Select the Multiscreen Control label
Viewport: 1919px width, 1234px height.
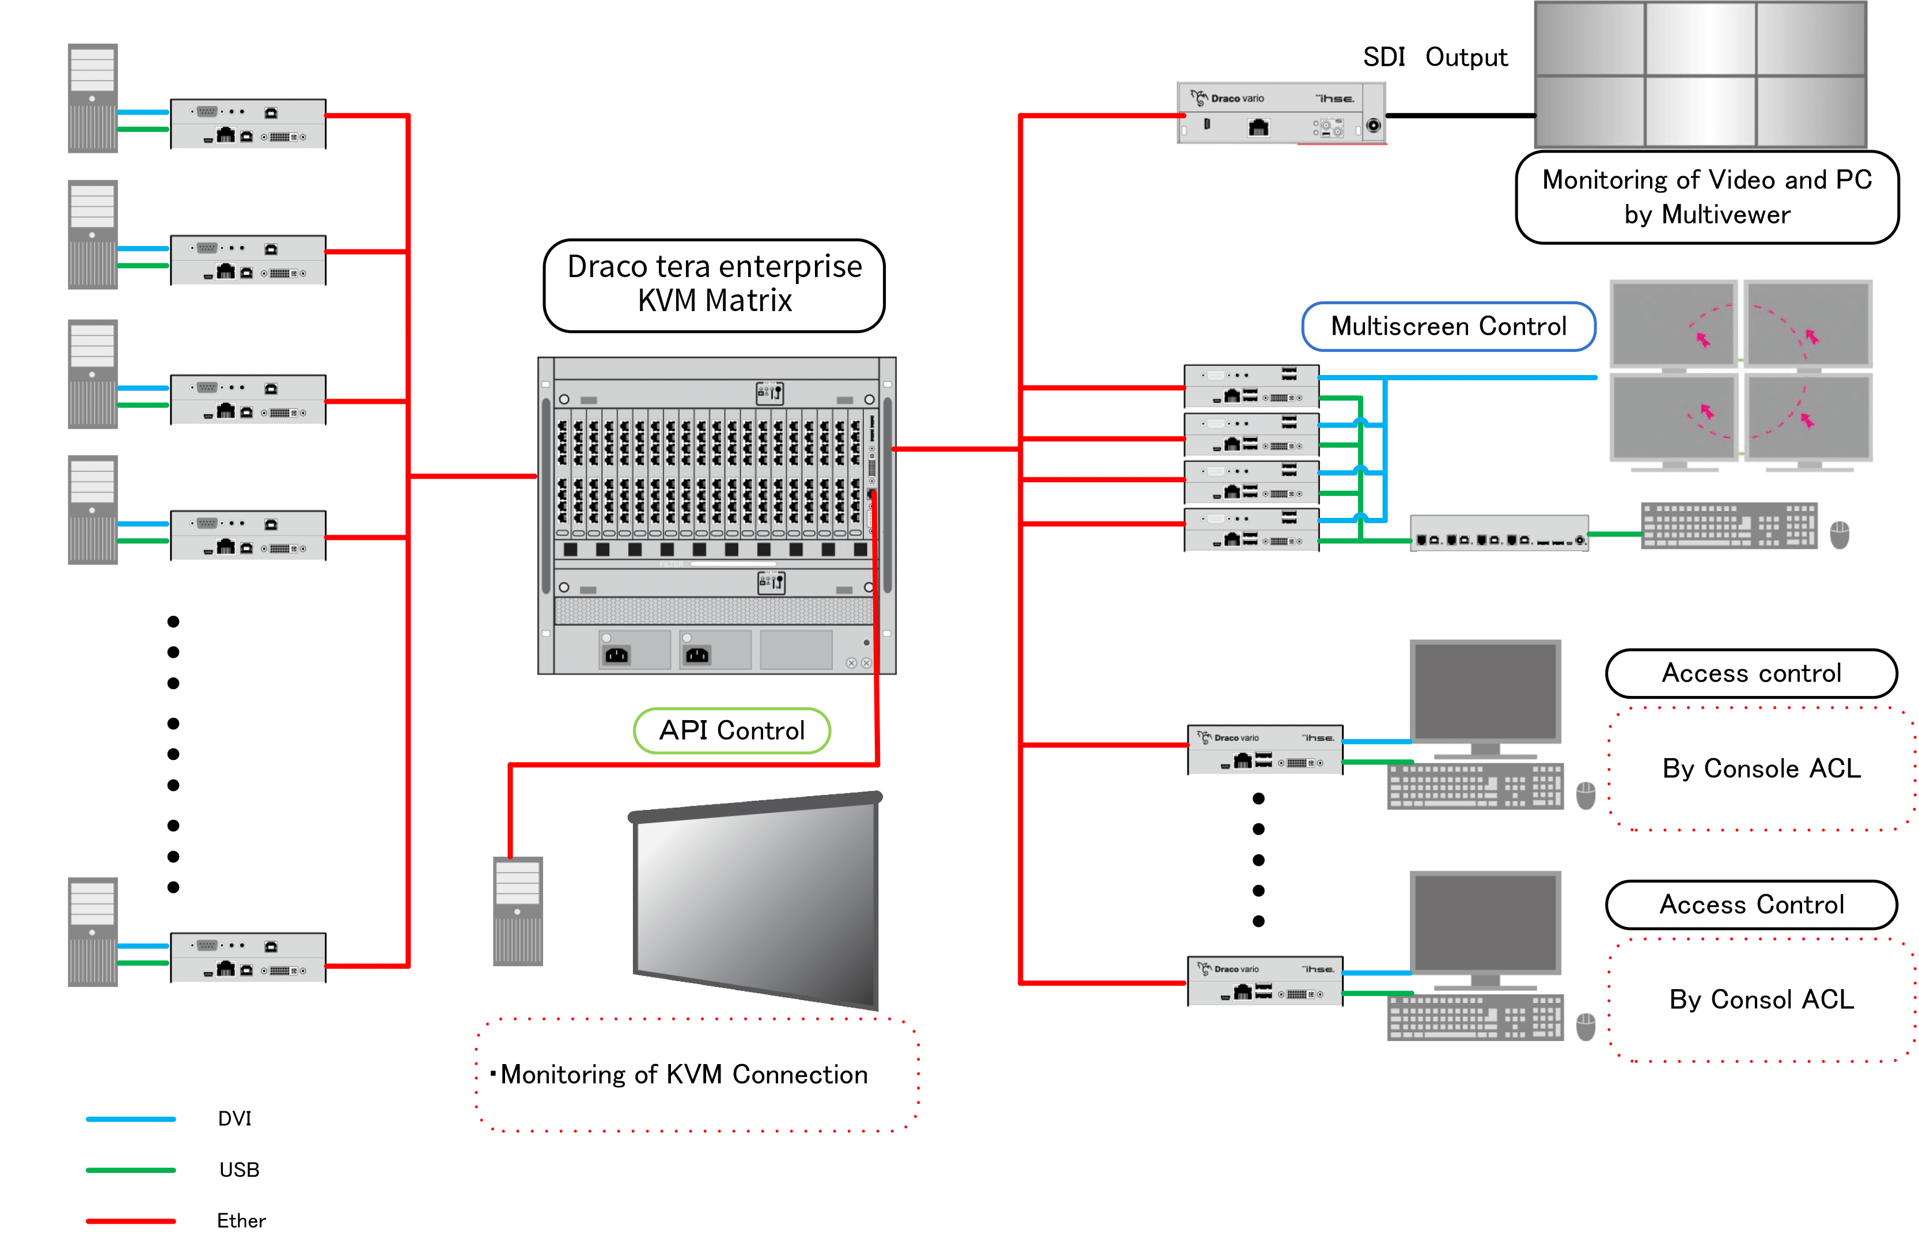(1448, 326)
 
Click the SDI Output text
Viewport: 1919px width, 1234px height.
(1435, 58)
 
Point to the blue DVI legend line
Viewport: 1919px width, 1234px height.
(131, 1119)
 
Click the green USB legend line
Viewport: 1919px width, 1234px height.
(131, 1170)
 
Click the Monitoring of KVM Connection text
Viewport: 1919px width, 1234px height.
(683, 1074)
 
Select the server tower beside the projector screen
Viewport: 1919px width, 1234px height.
(517, 911)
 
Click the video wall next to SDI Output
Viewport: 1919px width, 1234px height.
(1700, 74)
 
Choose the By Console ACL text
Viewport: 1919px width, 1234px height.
(1761, 769)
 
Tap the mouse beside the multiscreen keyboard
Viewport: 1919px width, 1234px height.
(1840, 533)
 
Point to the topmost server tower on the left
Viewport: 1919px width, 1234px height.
(93, 99)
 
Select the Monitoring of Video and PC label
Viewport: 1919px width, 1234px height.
(1706, 197)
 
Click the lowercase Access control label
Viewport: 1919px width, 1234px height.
(1751, 673)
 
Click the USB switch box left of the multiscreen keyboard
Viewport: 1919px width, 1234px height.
(1499, 533)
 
